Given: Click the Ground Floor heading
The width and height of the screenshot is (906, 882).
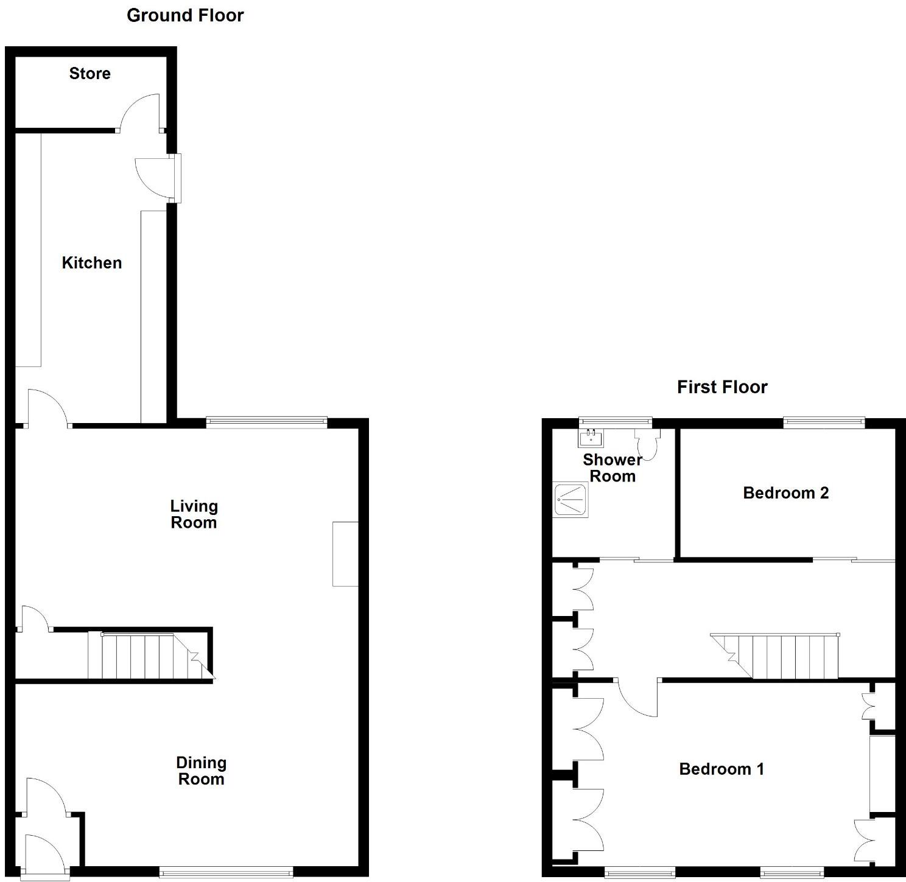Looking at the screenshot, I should point(185,15).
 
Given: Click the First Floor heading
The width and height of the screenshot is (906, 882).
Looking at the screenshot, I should point(722,387).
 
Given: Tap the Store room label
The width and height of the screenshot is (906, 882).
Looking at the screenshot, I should point(90,74).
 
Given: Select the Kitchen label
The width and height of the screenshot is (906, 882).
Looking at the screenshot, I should point(92,263).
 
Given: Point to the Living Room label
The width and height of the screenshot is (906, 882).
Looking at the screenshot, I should point(194,514).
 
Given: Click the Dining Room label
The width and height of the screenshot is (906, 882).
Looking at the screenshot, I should point(201,771).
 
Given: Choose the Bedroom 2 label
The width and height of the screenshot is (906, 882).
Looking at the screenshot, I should point(785,492).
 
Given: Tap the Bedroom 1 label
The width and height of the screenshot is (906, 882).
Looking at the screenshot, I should point(721,769).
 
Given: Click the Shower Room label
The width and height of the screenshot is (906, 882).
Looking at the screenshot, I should point(612,467).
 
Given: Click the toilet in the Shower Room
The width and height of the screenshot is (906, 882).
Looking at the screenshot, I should point(647,444).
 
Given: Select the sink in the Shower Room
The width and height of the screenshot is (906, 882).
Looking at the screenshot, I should point(590,438).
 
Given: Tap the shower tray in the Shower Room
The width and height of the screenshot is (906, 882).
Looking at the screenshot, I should point(571,500).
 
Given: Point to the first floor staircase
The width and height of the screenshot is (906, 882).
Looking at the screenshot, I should point(785,656).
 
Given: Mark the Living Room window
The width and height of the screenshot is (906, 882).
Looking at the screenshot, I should point(267,421).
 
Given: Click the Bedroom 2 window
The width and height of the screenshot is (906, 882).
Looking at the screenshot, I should point(823,421).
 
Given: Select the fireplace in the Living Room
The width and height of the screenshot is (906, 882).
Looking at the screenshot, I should point(345,553).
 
